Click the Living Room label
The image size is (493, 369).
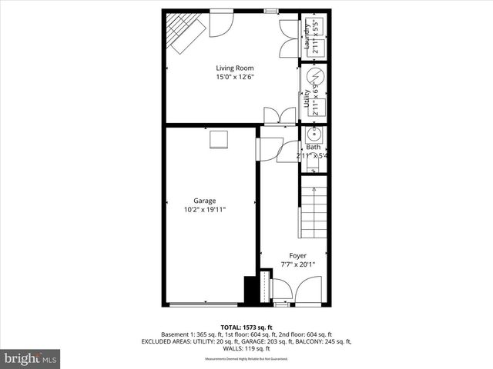tap(234, 68)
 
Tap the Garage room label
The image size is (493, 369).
tap(204, 201)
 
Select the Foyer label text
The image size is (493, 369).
tap(297, 255)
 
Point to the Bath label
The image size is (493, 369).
tap(313, 147)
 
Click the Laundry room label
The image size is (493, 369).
tap(307, 36)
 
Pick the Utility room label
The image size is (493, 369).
tap(307, 98)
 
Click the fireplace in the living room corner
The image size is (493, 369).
tap(184, 35)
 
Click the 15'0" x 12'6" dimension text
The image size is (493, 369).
tap(234, 77)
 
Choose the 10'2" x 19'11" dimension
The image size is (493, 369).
tap(204, 210)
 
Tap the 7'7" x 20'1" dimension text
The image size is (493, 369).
tap(297, 265)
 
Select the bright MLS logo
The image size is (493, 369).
tap(31, 358)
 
